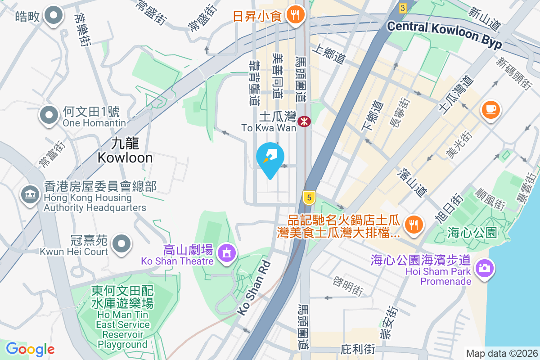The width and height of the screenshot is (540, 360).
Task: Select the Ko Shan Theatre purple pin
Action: pos(225,252)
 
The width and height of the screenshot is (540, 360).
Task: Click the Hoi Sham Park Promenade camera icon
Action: pos(484,268)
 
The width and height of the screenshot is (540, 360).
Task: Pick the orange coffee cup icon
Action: pos(490,110)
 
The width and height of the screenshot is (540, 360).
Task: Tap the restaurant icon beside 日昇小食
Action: pos(295,15)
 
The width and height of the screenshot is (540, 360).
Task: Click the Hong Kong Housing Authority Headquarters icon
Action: pos(30,194)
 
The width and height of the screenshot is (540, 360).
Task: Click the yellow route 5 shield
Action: pos(308,197)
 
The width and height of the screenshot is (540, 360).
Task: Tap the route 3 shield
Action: pos(402,8)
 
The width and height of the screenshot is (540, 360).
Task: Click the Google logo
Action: pos(30,349)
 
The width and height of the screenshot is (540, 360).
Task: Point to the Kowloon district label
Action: pos(125,151)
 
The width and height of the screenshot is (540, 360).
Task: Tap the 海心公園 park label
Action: pos(472,233)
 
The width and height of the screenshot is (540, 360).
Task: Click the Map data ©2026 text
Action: pos(502,353)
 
